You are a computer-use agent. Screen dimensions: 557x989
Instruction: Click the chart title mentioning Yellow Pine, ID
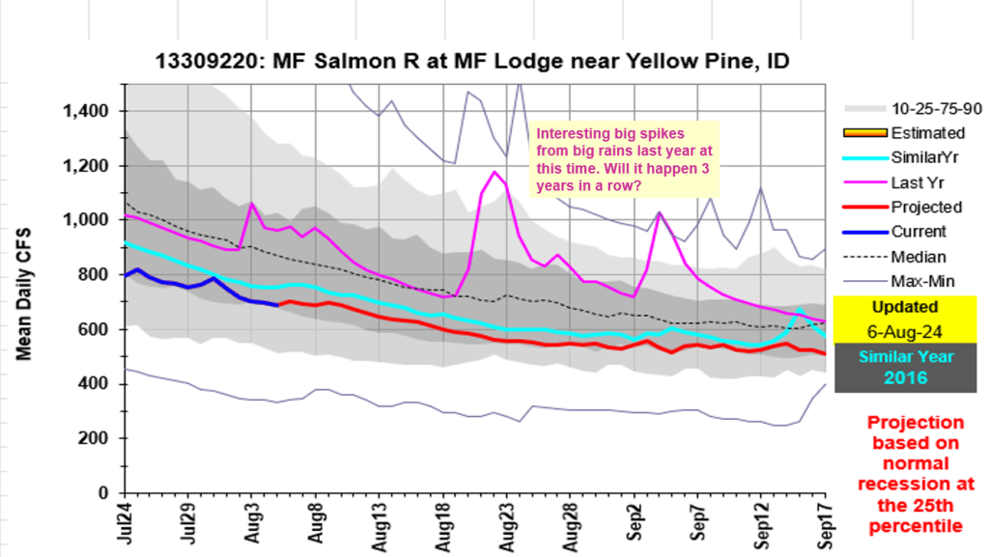[x=472, y=63]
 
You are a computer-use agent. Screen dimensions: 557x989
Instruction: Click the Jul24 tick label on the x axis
[x=126, y=521]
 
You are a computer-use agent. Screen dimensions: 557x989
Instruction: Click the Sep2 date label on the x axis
[x=636, y=519]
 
